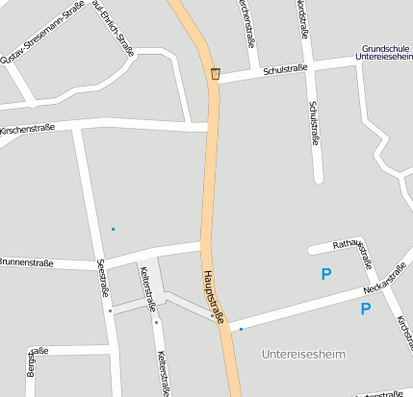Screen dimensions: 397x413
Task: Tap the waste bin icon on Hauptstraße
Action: point(216,73)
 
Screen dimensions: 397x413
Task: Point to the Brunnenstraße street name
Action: point(26,261)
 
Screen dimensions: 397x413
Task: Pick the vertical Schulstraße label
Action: point(312,123)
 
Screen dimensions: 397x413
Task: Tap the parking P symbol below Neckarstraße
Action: point(365,309)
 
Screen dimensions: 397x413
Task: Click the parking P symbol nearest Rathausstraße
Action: point(325,275)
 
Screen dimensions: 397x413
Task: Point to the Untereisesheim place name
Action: point(302,354)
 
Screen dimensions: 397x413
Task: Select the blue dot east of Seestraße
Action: point(113,229)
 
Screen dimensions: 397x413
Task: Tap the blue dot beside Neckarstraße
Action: point(241,330)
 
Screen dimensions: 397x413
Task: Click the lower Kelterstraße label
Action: point(162,371)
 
